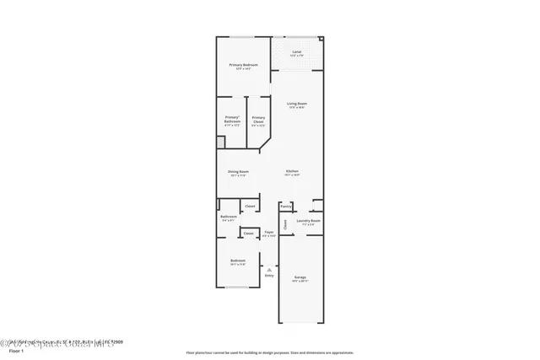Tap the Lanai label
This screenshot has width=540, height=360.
296,52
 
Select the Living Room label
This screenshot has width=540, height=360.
296,104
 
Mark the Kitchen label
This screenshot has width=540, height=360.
292,171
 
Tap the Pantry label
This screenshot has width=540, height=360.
285,205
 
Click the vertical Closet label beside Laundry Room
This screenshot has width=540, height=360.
286,223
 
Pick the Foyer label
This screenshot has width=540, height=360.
269,232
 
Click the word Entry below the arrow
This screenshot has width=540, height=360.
269,276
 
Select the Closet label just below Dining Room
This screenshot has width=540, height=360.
250,206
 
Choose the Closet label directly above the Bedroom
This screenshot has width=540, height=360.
249,234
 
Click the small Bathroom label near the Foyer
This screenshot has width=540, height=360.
228,217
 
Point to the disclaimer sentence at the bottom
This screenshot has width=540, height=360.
269,353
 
